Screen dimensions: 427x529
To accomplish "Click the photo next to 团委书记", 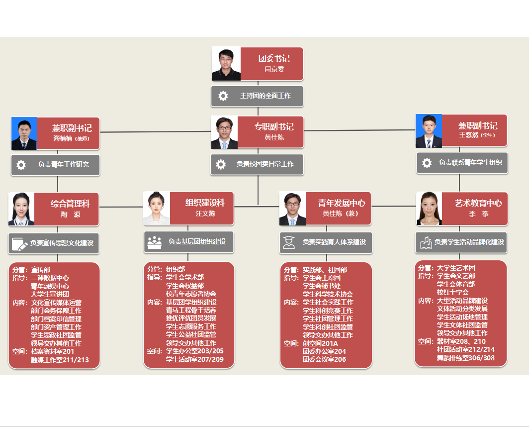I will pos(226,64).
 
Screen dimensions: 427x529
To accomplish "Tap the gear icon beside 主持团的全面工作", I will pos(223,96).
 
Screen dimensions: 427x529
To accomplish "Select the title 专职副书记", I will pos(274,126).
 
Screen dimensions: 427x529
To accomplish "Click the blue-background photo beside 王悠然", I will pos(429,131).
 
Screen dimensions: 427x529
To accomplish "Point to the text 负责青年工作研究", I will pos(64,164).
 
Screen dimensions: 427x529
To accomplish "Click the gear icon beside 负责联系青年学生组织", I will pos(427,163).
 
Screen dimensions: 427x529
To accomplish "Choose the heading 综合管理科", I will pos(70,204).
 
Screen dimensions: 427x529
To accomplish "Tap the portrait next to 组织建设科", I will pos(157,208).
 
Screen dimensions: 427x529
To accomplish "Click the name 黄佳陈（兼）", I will pos(341,213).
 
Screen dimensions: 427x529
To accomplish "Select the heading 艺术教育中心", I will pos(478,203).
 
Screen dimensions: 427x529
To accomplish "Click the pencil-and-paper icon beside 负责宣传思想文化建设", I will pos(19,243).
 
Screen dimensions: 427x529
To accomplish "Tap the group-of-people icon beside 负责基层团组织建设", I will pos(154,242).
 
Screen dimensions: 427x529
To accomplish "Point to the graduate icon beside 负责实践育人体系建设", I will pos(289,242).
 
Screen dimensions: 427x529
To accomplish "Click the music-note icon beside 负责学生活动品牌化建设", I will pos(426,242).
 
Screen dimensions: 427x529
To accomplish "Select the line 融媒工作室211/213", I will pos(60,360).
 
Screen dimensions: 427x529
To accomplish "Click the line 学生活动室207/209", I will pos(194,359).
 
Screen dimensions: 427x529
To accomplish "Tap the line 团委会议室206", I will pos(324,359).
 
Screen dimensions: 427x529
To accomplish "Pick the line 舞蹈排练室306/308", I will pos(465,358).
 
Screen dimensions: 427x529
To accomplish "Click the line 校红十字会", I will pos(452,293).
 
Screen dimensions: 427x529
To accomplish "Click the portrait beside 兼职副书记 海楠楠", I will pos(24,133).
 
